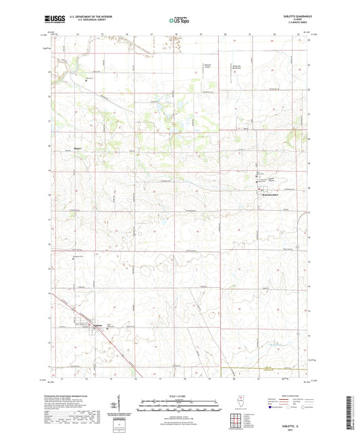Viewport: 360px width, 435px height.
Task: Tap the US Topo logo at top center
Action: [179, 21]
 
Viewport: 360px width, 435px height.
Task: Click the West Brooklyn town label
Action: [266, 196]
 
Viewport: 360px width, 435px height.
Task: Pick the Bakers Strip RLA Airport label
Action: [236, 66]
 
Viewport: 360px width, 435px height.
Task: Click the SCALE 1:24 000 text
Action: [179, 396]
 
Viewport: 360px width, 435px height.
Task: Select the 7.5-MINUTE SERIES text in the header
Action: [294, 25]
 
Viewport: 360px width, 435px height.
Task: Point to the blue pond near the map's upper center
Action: [181, 124]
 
